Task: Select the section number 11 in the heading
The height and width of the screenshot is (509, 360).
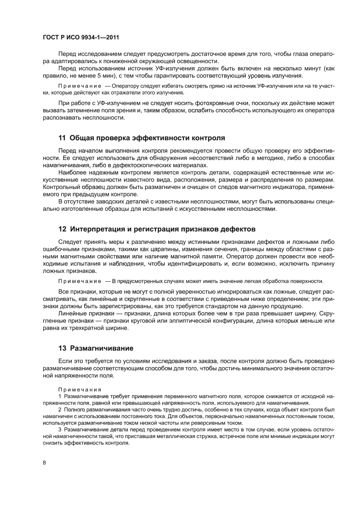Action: point(62,138)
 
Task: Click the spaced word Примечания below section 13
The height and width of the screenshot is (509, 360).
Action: point(80,389)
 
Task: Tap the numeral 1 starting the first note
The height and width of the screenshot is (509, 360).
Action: point(60,397)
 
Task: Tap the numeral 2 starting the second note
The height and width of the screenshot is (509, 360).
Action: point(60,410)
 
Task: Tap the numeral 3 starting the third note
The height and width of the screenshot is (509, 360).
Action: point(60,430)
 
